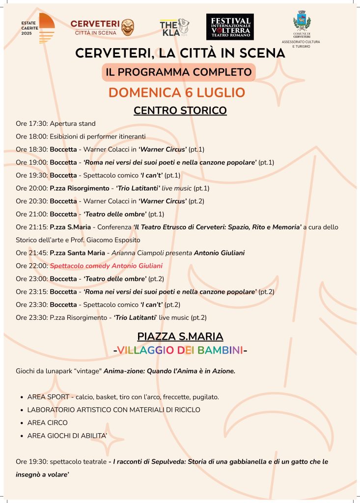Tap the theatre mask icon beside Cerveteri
click(x=128, y=28)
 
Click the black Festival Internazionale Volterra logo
click(x=230, y=27)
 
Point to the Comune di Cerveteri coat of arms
click(x=301, y=22)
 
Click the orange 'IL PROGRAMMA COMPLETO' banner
click(x=179, y=72)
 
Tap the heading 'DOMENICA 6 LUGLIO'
click(x=176, y=92)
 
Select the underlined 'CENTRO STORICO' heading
click(x=180, y=111)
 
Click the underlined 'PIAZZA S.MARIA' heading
click(x=180, y=337)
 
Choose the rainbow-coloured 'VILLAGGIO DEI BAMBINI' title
click(x=180, y=351)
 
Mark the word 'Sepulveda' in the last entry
click(x=172, y=462)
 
